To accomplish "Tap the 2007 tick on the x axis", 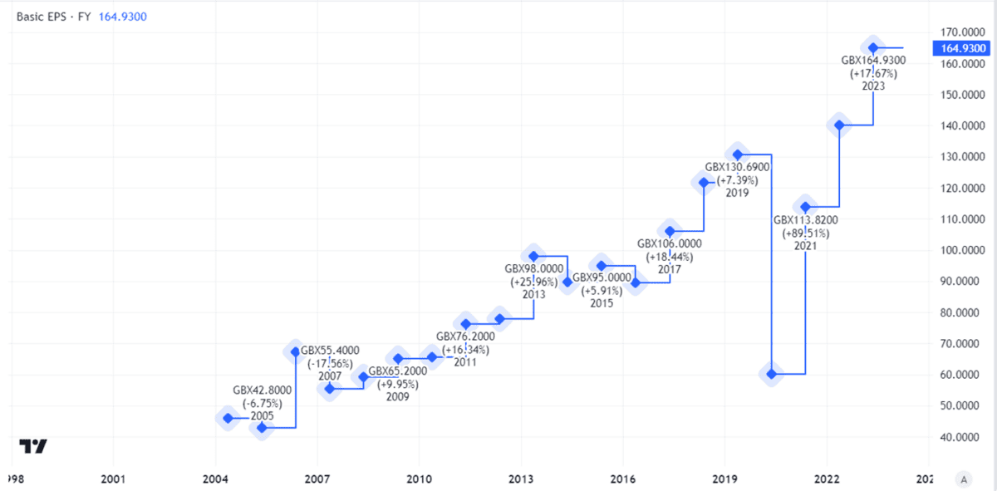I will [317, 479].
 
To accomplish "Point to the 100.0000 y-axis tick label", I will [958, 251].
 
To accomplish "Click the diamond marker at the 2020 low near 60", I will [772, 374].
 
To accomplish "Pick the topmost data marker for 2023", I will [873, 47].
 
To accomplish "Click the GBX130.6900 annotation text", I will [738, 167].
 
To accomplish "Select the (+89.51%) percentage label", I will [805, 233].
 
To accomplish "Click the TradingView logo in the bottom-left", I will [33, 446].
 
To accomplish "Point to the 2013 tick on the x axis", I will [521, 479].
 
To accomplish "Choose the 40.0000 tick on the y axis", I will [958, 437].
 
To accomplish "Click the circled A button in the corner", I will [963, 479].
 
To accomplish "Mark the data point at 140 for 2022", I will [839, 125].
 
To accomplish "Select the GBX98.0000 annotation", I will [534, 268].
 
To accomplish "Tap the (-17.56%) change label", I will [329, 364].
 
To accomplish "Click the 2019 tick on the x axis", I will [724, 479].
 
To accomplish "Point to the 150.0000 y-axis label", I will [958, 95].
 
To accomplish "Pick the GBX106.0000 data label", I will [670, 244].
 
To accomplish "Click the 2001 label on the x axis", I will [113, 479].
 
